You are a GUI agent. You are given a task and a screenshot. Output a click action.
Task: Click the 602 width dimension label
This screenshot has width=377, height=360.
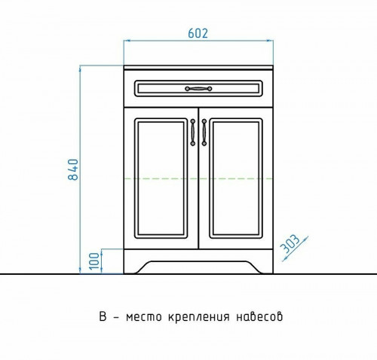(197, 34)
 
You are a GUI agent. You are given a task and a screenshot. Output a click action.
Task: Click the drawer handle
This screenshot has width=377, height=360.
(197, 89)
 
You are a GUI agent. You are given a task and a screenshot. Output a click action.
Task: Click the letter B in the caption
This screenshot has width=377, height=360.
(102, 316)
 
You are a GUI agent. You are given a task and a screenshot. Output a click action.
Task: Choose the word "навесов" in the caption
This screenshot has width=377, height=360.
(261, 317)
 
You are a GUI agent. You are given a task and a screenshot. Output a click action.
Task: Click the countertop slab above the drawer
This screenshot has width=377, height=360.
(198, 68)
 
